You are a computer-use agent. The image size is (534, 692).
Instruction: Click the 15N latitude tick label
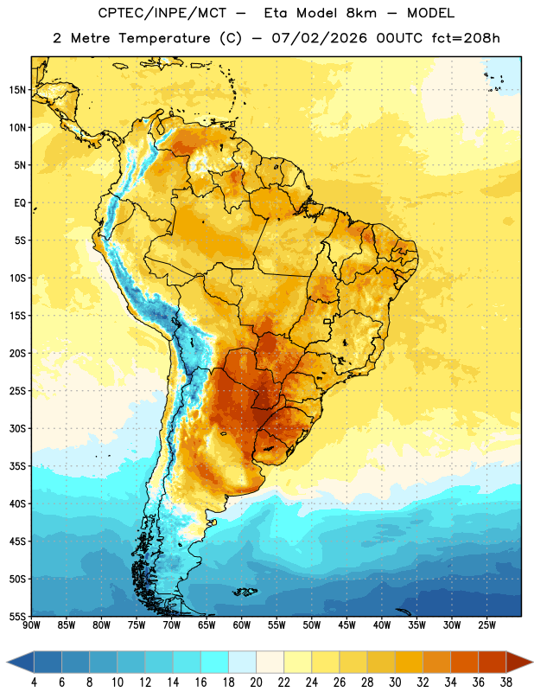[x=17, y=90]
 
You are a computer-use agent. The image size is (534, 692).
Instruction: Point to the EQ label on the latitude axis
[x=20, y=203]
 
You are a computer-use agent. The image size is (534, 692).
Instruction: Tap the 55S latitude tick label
[x=17, y=617]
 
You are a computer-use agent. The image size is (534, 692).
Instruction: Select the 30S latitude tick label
[x=17, y=428]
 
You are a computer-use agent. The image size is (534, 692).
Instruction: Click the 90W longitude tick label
[x=31, y=625]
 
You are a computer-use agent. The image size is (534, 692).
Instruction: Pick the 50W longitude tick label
[x=312, y=625]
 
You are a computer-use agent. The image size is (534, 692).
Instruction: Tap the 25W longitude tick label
[x=486, y=625]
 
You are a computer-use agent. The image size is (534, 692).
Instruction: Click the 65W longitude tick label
[x=207, y=625]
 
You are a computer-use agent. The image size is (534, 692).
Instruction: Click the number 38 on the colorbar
[x=506, y=682]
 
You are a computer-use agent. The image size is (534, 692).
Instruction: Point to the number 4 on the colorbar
[x=34, y=682]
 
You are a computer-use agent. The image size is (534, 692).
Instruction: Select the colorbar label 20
[x=256, y=682]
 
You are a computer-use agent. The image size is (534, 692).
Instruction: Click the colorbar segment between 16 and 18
[x=215, y=663]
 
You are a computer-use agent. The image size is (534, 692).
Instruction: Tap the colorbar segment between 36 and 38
[x=493, y=663]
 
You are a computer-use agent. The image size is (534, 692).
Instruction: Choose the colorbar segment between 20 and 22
[x=270, y=663]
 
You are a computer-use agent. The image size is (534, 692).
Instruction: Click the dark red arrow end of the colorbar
[x=519, y=663]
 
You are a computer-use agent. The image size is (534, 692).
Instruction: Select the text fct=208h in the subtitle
[x=466, y=38]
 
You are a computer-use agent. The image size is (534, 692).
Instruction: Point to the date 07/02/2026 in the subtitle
[x=319, y=38]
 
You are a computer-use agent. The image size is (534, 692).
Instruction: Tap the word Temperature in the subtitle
[x=164, y=38]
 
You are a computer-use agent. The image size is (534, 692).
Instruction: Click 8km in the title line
[x=361, y=13]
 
